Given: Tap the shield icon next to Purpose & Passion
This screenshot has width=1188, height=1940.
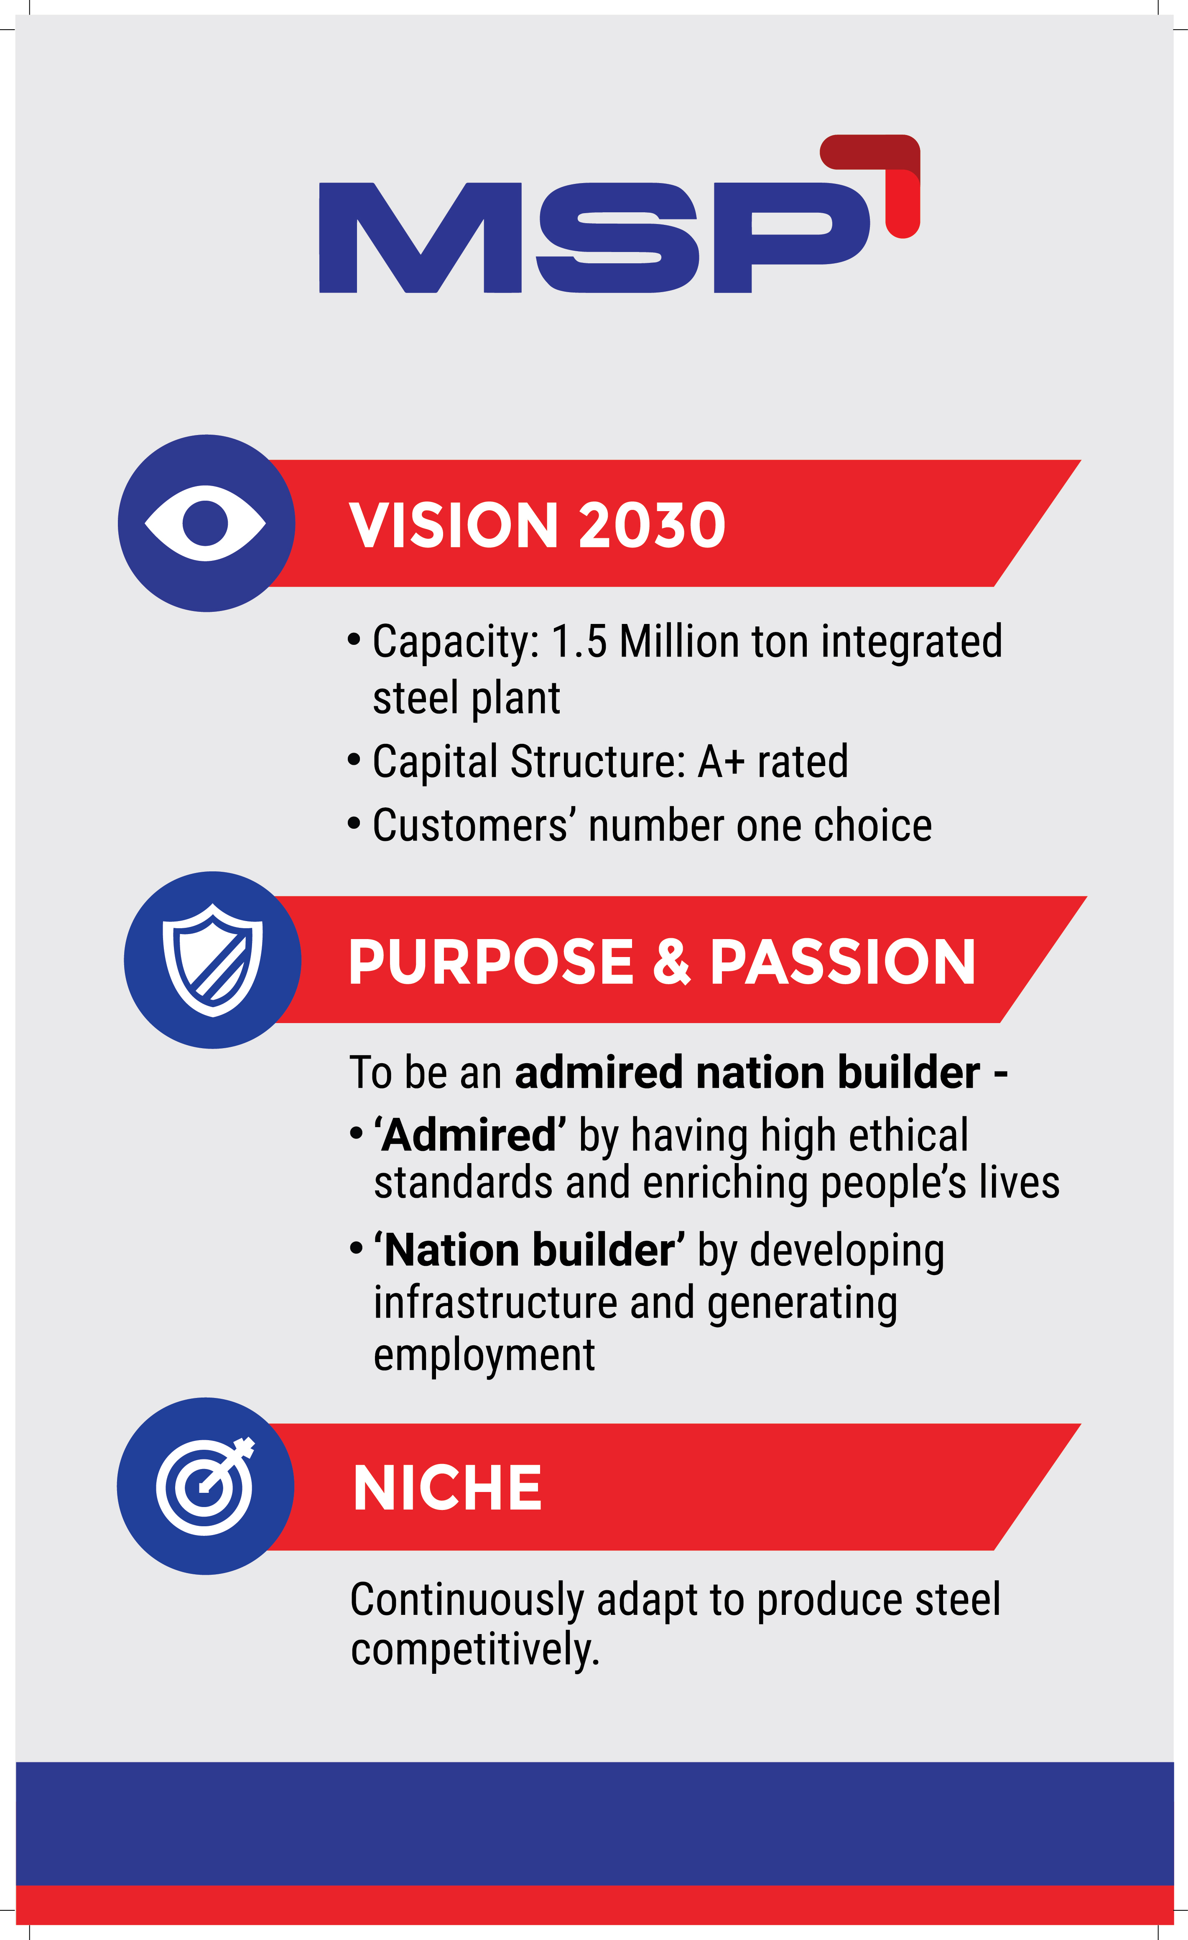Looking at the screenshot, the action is (x=213, y=960).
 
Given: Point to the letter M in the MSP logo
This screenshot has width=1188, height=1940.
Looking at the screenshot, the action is (x=420, y=238).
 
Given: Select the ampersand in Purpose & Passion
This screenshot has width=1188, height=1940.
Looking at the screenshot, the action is (x=672, y=961).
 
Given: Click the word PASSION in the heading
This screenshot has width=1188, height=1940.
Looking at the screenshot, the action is (x=842, y=961).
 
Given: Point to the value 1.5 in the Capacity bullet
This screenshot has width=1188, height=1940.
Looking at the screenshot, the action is (x=579, y=641).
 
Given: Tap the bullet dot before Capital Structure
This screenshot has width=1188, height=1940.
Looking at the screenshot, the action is (x=354, y=761).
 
